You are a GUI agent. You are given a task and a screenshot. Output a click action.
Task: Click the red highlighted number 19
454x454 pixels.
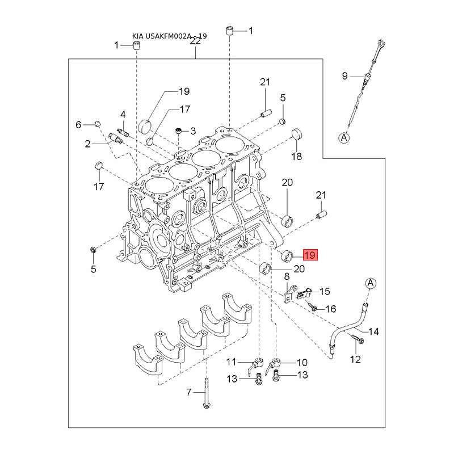pyautogui.click(x=310, y=255)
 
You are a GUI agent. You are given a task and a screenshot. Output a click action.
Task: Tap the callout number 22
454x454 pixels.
pyautogui.click(x=195, y=41)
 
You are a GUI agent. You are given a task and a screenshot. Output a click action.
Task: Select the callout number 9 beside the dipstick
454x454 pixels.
pyautogui.click(x=344, y=75)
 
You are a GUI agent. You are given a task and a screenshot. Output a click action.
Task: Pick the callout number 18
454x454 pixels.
pyautogui.click(x=296, y=156)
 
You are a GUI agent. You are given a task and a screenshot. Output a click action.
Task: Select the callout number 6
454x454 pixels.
pyautogui.click(x=79, y=124)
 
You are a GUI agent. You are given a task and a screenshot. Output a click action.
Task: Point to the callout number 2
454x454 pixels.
pyautogui.click(x=88, y=144)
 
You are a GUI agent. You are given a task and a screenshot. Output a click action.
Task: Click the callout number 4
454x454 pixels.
pyautogui.click(x=123, y=115)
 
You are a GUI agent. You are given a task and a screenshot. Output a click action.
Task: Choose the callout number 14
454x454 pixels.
pyautogui.click(x=373, y=331)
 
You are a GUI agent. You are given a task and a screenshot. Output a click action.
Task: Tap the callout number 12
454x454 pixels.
pyautogui.click(x=355, y=359)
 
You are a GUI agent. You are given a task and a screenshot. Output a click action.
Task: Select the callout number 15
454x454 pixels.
pyautogui.click(x=324, y=292)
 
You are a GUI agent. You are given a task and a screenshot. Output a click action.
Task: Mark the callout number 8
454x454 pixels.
pyautogui.click(x=287, y=276)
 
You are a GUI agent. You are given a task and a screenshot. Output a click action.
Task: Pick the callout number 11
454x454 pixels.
pyautogui.click(x=232, y=361)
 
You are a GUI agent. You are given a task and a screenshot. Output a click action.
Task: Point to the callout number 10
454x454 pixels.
pyautogui.click(x=301, y=361)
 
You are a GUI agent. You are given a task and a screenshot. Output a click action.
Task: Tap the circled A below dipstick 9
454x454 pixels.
pyautogui.click(x=344, y=137)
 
